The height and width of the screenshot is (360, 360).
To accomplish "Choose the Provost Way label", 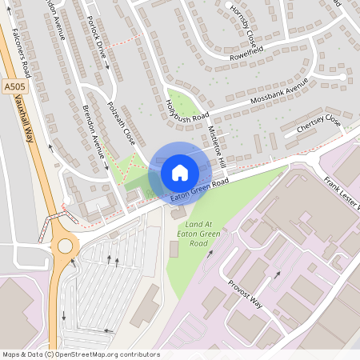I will click(x=244, y=294).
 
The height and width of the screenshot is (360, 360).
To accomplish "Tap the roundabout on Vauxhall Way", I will click(x=65, y=246).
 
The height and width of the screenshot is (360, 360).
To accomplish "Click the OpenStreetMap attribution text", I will click(x=81, y=354).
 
